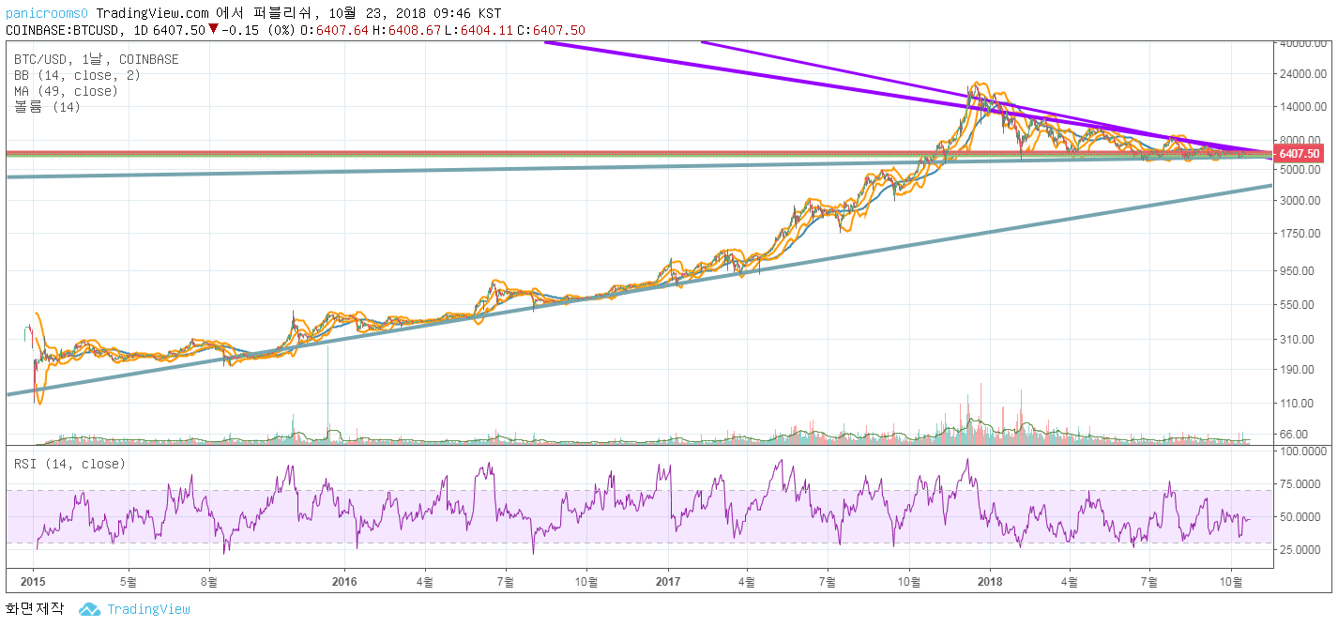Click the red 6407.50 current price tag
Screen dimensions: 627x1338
[1300, 154]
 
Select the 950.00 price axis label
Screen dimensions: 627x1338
[1300, 270]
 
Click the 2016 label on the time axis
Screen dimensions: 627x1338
[345, 582]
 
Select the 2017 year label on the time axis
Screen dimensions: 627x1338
[668, 582]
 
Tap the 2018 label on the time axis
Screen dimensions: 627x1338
[991, 582]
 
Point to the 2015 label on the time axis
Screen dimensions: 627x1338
[33, 582]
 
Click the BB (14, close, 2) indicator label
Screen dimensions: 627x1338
[66, 75]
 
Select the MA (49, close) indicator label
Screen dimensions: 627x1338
[66, 91]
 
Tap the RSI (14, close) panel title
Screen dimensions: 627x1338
[69, 464]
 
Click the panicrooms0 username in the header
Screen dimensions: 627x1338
[46, 13]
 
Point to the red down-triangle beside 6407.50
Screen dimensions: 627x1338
[213, 29]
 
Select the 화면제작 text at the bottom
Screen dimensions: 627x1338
[34, 609]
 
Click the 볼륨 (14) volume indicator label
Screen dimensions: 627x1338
[47, 107]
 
